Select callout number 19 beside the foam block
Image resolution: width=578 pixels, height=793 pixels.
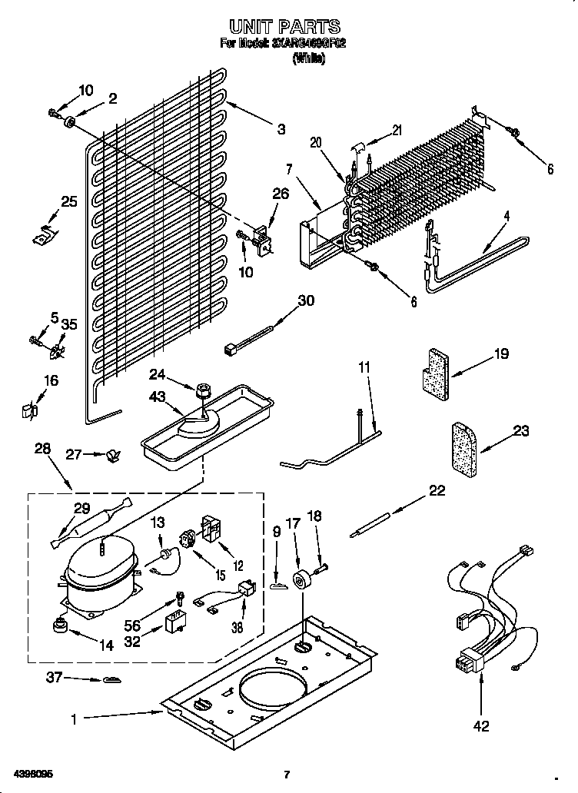(x=500, y=353)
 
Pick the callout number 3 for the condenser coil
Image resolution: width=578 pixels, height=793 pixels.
(x=281, y=129)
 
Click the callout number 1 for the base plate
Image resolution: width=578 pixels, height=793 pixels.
(x=74, y=719)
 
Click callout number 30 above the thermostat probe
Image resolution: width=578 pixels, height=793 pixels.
(x=305, y=300)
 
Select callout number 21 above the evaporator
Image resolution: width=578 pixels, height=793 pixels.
(x=397, y=131)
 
